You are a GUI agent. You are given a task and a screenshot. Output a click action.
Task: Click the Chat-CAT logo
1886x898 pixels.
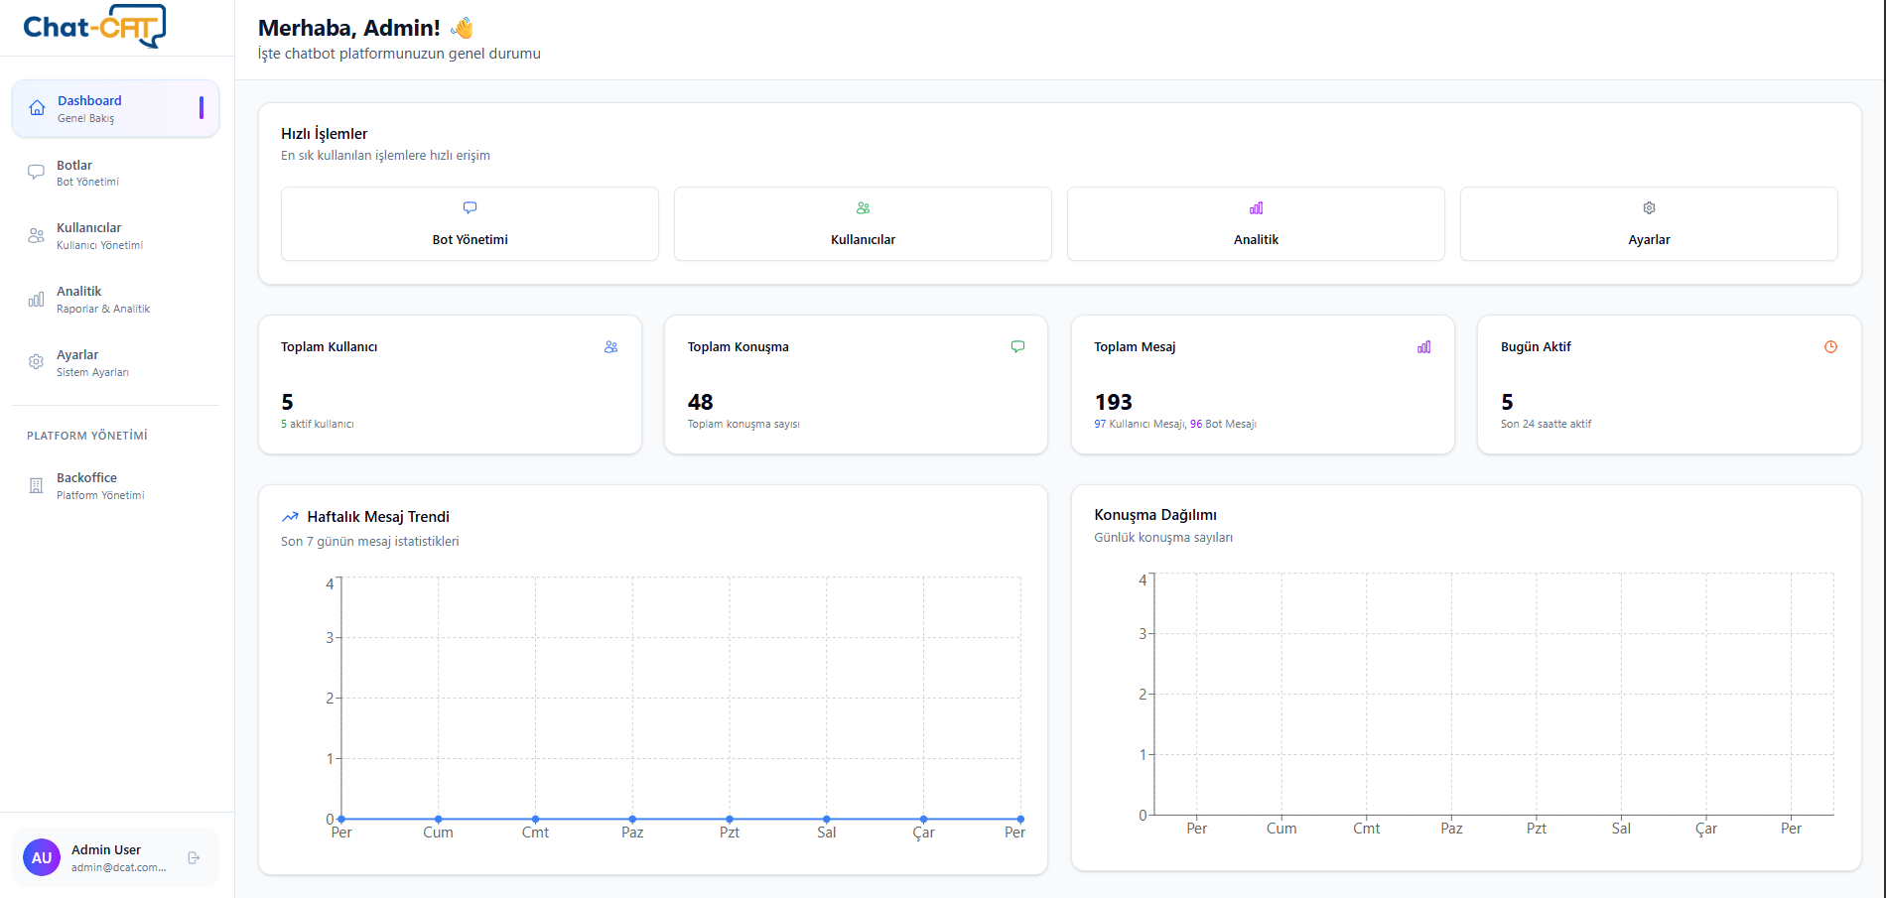tap(94, 27)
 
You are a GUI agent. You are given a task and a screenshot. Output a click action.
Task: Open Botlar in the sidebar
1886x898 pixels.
tap(74, 173)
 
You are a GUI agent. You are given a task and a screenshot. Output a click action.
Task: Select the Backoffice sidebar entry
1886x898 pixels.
tap(86, 485)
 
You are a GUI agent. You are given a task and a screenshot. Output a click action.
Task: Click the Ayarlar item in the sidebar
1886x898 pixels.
tap(77, 362)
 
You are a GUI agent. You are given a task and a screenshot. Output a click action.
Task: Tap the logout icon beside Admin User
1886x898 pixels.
tap(194, 857)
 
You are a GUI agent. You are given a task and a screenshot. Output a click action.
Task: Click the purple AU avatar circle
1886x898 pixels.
tap(42, 857)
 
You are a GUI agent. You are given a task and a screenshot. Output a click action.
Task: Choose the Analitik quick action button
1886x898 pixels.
tap(1256, 224)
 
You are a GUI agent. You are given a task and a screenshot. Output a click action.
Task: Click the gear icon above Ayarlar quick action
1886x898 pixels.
tap(1649, 208)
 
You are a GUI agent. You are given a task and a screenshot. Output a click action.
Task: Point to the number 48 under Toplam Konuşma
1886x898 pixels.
tap(700, 402)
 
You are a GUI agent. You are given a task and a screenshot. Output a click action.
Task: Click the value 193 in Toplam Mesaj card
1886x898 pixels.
tap(1113, 402)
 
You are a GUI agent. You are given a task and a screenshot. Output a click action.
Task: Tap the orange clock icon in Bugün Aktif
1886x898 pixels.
tap(1830, 347)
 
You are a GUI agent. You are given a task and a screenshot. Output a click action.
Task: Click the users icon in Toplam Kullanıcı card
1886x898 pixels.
tap(610, 347)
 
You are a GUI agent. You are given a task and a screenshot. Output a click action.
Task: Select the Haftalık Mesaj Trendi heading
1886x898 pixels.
tap(377, 517)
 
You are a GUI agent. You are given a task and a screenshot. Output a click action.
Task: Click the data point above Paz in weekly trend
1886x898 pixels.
tap(632, 819)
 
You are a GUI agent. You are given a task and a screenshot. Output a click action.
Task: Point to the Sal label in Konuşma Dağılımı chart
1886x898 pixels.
tap(1621, 829)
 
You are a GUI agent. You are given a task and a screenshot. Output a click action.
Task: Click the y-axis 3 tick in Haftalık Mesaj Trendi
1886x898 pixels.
tap(330, 638)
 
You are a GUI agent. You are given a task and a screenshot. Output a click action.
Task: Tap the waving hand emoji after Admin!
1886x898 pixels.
tap(462, 28)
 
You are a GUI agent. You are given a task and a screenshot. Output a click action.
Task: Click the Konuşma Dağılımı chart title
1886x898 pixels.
tap(1154, 515)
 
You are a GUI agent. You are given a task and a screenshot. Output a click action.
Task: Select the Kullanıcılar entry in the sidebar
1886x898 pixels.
tap(88, 235)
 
